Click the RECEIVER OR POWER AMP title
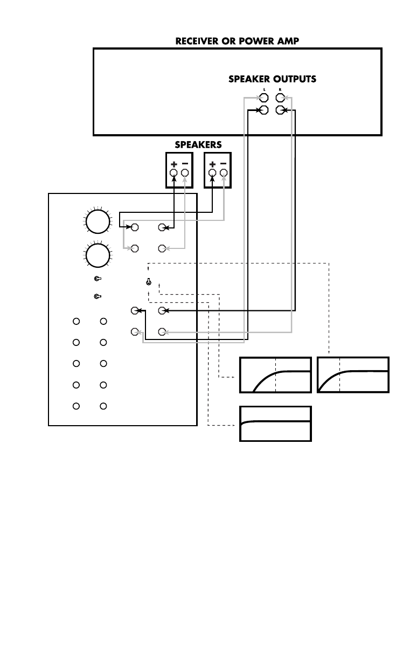(237, 41)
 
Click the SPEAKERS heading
(198, 144)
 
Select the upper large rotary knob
(97, 221)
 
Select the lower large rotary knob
(97, 255)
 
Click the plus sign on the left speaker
(173, 164)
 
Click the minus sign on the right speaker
(224, 164)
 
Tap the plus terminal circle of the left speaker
(173, 173)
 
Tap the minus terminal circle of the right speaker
(224, 173)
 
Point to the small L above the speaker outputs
(264, 89)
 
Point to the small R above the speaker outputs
(280, 89)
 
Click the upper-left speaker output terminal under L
(264, 98)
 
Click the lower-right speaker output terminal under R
(280, 110)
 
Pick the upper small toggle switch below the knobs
(98, 279)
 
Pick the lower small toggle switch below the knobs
(98, 296)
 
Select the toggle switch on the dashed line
(149, 281)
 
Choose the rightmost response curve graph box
(353, 374)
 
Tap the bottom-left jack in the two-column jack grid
(77, 406)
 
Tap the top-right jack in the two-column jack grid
(104, 322)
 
